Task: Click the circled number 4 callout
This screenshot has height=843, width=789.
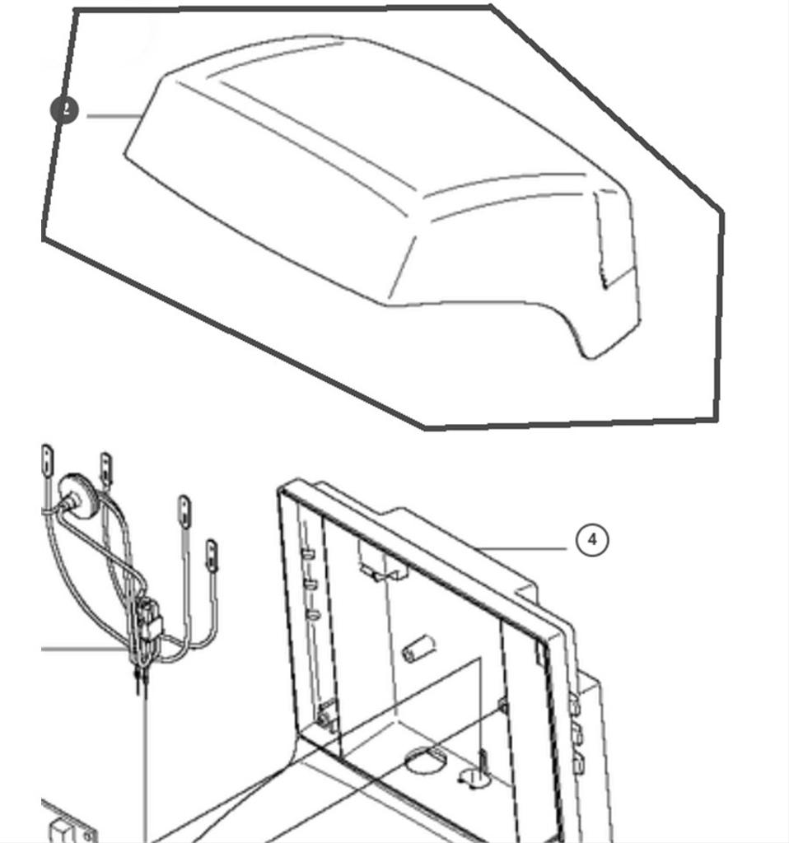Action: click(592, 540)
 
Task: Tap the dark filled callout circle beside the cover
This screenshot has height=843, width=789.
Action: click(64, 110)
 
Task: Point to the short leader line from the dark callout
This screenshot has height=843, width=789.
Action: click(112, 116)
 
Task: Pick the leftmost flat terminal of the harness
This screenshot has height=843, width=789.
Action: click(47, 458)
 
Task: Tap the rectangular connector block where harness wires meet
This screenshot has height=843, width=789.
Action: click(149, 619)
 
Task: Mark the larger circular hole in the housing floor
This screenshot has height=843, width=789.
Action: click(426, 758)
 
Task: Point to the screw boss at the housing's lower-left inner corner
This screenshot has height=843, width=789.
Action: click(325, 716)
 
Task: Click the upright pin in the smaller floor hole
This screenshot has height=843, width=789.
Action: click(480, 766)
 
